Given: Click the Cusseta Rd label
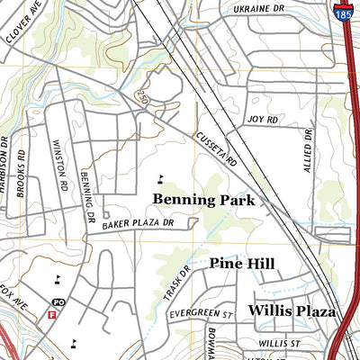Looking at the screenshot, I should coord(217,148).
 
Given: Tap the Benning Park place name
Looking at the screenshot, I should coord(204,199).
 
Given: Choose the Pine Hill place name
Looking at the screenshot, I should coord(242,264).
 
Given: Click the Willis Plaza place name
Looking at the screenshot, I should coord(292,311).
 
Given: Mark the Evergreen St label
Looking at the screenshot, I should coord(200,315).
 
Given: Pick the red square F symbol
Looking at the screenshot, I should coord(51,315).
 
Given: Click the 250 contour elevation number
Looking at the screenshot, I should coord(142,94).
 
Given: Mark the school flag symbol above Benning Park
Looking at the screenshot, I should coord(161,177).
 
